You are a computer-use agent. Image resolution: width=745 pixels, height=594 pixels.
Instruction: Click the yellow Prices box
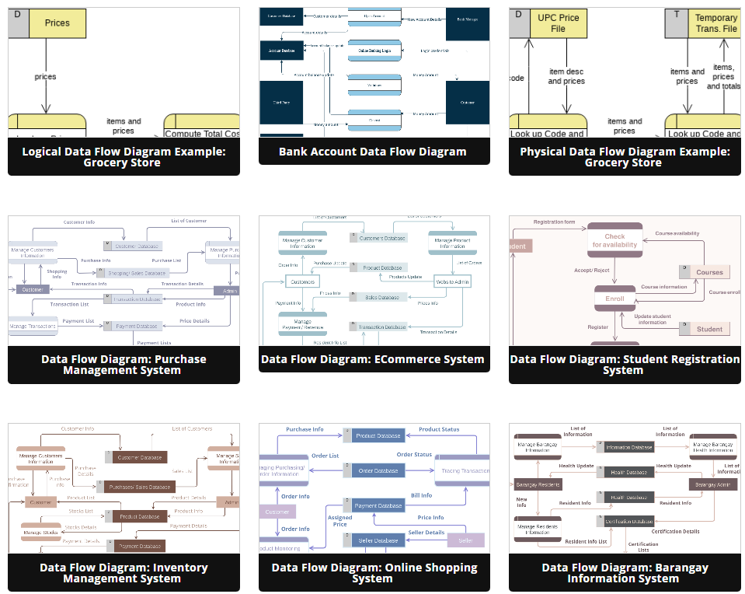point(57,23)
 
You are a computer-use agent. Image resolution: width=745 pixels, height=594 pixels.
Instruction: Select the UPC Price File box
point(558,23)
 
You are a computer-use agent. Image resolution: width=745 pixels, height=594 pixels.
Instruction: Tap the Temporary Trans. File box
point(715,23)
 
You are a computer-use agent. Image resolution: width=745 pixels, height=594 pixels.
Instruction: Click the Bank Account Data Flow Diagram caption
point(373,152)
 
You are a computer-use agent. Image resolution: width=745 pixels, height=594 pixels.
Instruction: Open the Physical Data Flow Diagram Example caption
point(624,157)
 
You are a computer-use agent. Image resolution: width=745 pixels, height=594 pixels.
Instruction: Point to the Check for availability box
point(614,240)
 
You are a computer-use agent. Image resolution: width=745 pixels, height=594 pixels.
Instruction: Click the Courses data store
point(708,272)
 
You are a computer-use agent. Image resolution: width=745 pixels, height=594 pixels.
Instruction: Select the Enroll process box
point(614,298)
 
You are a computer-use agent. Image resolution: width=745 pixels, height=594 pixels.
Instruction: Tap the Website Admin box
point(453,281)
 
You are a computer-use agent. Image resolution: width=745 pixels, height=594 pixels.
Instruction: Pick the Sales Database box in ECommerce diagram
point(381,297)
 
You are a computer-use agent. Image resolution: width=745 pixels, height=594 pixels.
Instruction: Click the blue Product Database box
point(378,436)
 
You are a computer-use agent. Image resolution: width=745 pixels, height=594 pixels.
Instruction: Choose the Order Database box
point(378,471)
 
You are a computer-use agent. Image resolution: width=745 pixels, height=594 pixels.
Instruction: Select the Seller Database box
point(378,540)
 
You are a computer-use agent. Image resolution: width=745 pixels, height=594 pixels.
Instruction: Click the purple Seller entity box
point(465,540)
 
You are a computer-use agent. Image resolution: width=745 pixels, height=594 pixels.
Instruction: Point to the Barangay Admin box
point(712,484)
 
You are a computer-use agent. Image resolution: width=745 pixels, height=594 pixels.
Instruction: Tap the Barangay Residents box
point(537,484)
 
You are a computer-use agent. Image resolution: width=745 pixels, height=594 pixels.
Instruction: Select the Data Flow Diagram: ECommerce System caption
point(373,359)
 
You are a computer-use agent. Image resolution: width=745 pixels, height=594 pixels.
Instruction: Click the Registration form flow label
point(554,222)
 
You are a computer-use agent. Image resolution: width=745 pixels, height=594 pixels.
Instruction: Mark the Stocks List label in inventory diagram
point(80,511)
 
